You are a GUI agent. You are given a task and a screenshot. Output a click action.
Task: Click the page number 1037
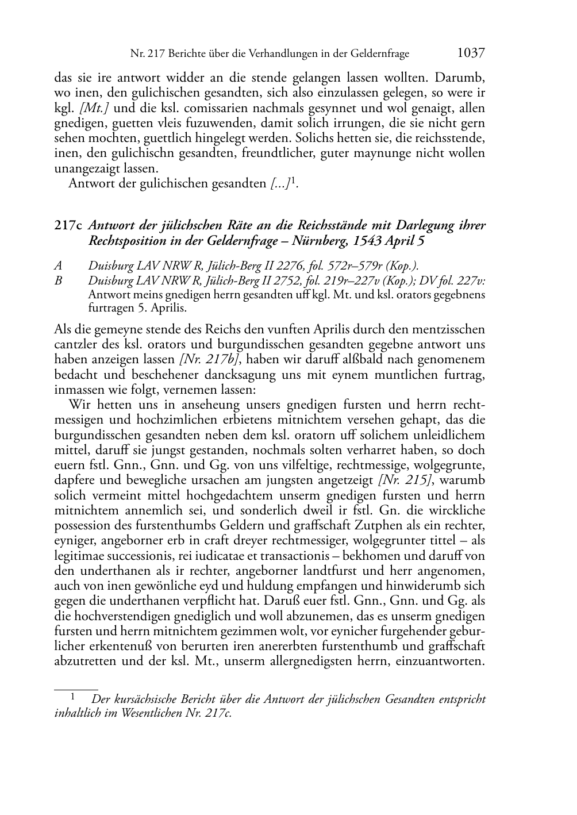pyautogui.click(x=471, y=53)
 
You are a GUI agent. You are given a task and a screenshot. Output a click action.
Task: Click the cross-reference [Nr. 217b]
pyautogui.click(x=210, y=360)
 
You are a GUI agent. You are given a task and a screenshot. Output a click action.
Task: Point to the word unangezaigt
pyautogui.click(x=88, y=168)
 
